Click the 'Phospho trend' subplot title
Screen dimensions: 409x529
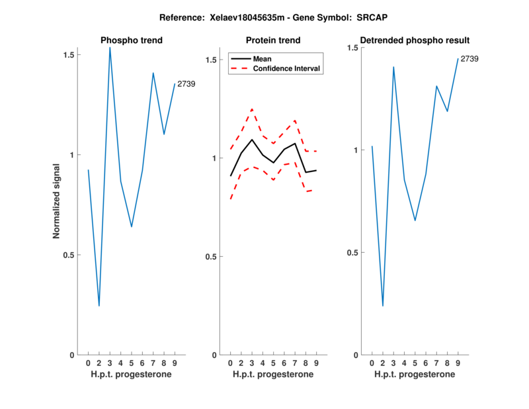[132, 40]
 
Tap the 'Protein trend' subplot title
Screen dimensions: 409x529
[273, 40]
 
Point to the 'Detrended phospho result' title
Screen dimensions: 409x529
[415, 40]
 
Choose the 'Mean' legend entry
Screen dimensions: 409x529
[262, 59]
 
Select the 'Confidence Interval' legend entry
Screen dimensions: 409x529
[286, 69]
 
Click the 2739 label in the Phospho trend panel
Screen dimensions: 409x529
[186, 84]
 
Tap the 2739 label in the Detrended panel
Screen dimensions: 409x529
[469, 59]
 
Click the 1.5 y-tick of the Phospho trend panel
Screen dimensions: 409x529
[69, 54]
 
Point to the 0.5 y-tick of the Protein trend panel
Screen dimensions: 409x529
[210, 257]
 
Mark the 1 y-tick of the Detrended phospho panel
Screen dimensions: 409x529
[355, 150]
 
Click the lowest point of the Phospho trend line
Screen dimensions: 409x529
[99, 306]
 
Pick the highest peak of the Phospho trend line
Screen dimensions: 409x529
[110, 47]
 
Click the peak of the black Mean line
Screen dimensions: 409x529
[252, 140]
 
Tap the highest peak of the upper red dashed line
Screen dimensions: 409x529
[252, 109]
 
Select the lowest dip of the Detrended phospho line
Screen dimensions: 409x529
[383, 306]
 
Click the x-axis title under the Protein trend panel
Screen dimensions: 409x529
[273, 375]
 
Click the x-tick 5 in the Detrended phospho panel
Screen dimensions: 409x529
[415, 363]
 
